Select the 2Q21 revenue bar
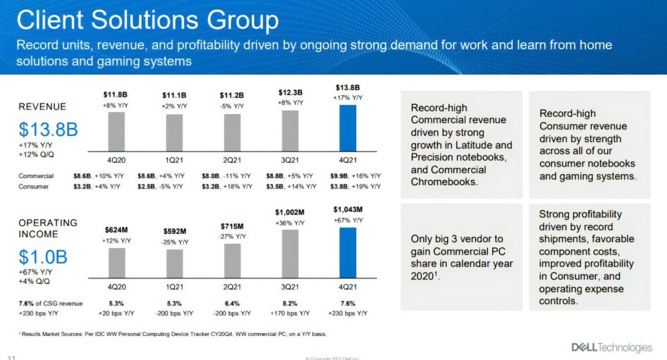point(232,133)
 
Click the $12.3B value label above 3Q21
point(291,93)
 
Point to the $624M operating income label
point(117,229)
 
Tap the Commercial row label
point(37,175)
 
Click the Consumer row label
point(34,187)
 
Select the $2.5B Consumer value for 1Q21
point(146,187)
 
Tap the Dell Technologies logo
point(611,347)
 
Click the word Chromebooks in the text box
point(445,181)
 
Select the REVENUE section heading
point(42,107)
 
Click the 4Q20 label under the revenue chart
point(117,160)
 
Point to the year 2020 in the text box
point(424,276)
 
